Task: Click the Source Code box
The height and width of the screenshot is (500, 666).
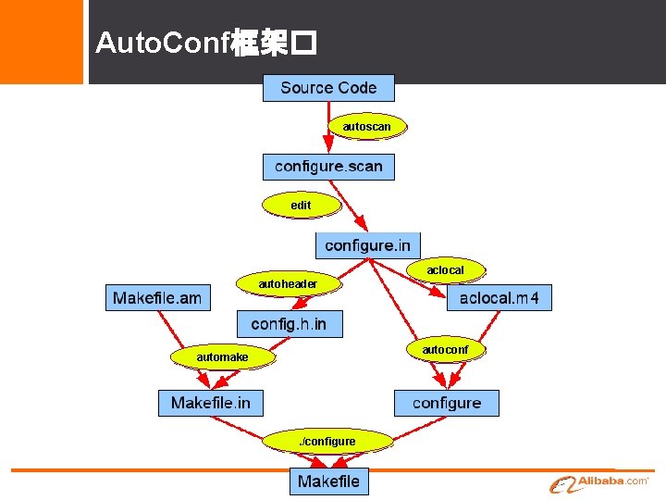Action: point(328,88)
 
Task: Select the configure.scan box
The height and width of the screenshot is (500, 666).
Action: point(328,167)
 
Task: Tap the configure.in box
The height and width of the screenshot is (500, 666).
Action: point(367,245)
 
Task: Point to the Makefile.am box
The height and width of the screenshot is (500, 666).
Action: point(157,297)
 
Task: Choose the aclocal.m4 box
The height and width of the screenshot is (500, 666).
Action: point(499,297)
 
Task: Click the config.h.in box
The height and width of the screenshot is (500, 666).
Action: point(289,323)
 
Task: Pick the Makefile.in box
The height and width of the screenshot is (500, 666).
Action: point(211,403)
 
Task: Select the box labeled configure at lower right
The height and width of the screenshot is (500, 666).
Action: point(447,403)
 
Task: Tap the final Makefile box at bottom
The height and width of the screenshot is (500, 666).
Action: point(328,481)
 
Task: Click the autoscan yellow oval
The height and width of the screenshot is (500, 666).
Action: point(367,125)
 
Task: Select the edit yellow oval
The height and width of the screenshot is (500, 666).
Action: point(301,204)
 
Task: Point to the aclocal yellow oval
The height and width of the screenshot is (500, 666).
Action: point(445,269)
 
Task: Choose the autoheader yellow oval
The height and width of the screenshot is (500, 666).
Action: point(288,283)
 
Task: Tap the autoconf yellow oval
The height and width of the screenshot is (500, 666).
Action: point(445,350)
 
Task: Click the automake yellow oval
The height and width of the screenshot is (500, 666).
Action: point(222,356)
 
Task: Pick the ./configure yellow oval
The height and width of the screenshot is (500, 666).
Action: point(327,442)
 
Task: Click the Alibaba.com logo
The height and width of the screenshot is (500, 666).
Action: point(601,483)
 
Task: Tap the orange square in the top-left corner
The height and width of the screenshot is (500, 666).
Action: point(41,41)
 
